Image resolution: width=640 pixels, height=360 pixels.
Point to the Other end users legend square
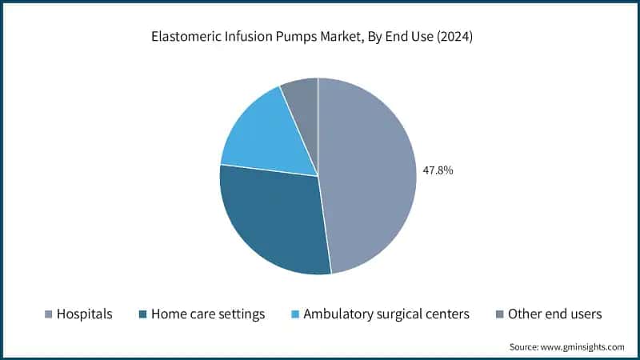pyautogui.click(x=498, y=314)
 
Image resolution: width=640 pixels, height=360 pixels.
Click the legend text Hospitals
pyautogui.click(x=84, y=314)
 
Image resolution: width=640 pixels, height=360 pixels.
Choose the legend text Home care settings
pyautogui.click(x=207, y=314)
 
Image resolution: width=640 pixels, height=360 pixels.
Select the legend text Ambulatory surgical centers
pyautogui.click(x=386, y=314)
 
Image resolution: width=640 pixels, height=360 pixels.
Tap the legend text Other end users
pyautogui.click(x=554, y=314)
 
